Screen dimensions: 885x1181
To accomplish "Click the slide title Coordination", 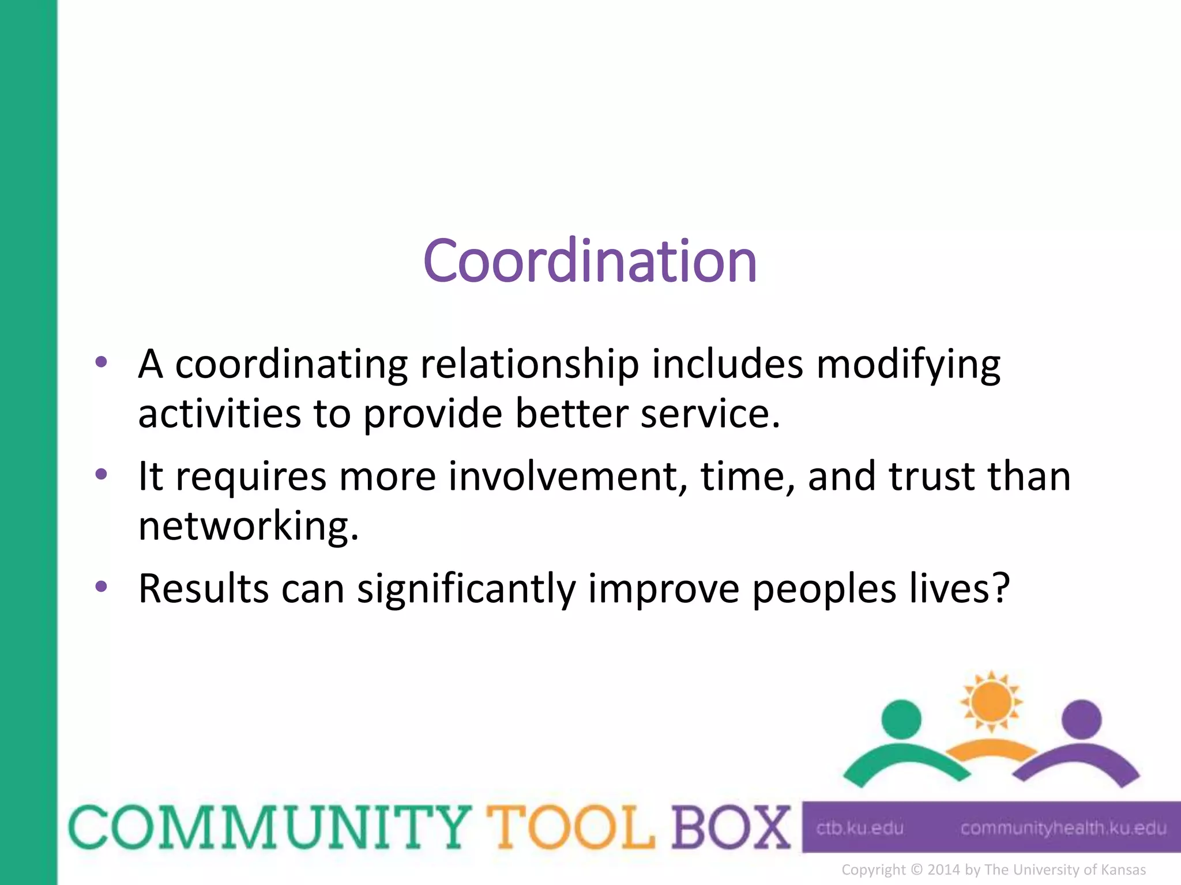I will [589, 262].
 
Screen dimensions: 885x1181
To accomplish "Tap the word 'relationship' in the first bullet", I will [529, 365].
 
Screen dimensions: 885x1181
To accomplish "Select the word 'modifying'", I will [908, 365].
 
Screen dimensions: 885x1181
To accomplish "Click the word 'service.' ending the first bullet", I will [710, 414].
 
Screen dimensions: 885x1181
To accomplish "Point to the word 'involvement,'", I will [568, 477].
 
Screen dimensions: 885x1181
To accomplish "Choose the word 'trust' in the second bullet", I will [932, 477].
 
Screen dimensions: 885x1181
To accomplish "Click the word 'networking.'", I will [249, 527].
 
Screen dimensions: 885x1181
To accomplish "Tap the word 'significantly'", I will [467, 589].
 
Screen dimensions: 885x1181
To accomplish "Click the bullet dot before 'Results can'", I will [101, 587].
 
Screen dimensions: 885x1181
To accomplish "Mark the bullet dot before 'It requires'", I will [101, 475].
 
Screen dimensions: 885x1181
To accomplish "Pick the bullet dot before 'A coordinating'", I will [101, 362].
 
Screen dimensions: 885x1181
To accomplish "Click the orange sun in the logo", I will [991, 702].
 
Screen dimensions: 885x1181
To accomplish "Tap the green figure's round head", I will [901, 719].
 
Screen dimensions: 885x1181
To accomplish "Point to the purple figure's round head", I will [1082, 719].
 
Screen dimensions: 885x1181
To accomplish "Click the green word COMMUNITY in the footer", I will [269, 827].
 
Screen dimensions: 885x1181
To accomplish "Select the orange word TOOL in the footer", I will [571, 827].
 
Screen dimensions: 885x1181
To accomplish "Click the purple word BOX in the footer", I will [731, 827].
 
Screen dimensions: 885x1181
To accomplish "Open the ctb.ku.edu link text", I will [859, 829].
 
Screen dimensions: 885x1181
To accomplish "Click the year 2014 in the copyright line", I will [945, 870].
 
